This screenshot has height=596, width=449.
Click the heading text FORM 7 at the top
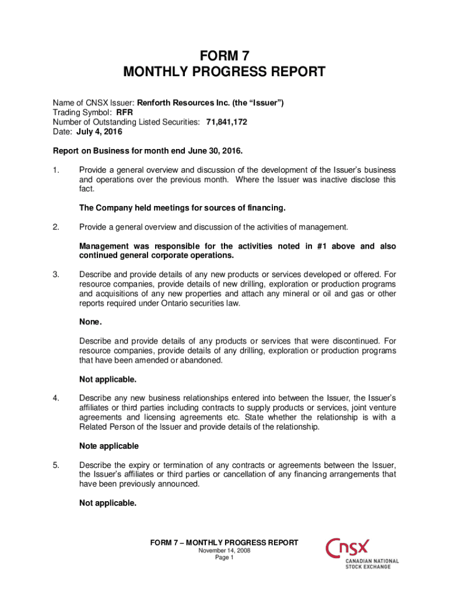point(224,56)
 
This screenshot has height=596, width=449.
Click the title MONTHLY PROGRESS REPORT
point(224,72)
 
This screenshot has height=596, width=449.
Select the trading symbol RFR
point(125,112)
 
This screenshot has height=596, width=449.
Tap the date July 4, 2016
point(97,132)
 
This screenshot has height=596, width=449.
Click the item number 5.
point(56,466)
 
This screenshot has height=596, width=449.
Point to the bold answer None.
point(90,322)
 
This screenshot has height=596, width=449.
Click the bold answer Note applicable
point(109,446)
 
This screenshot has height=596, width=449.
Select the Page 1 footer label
point(224,558)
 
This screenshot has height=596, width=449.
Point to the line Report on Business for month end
point(148,151)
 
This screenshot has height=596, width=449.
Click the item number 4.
point(56,399)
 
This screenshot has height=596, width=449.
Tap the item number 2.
point(56,227)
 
